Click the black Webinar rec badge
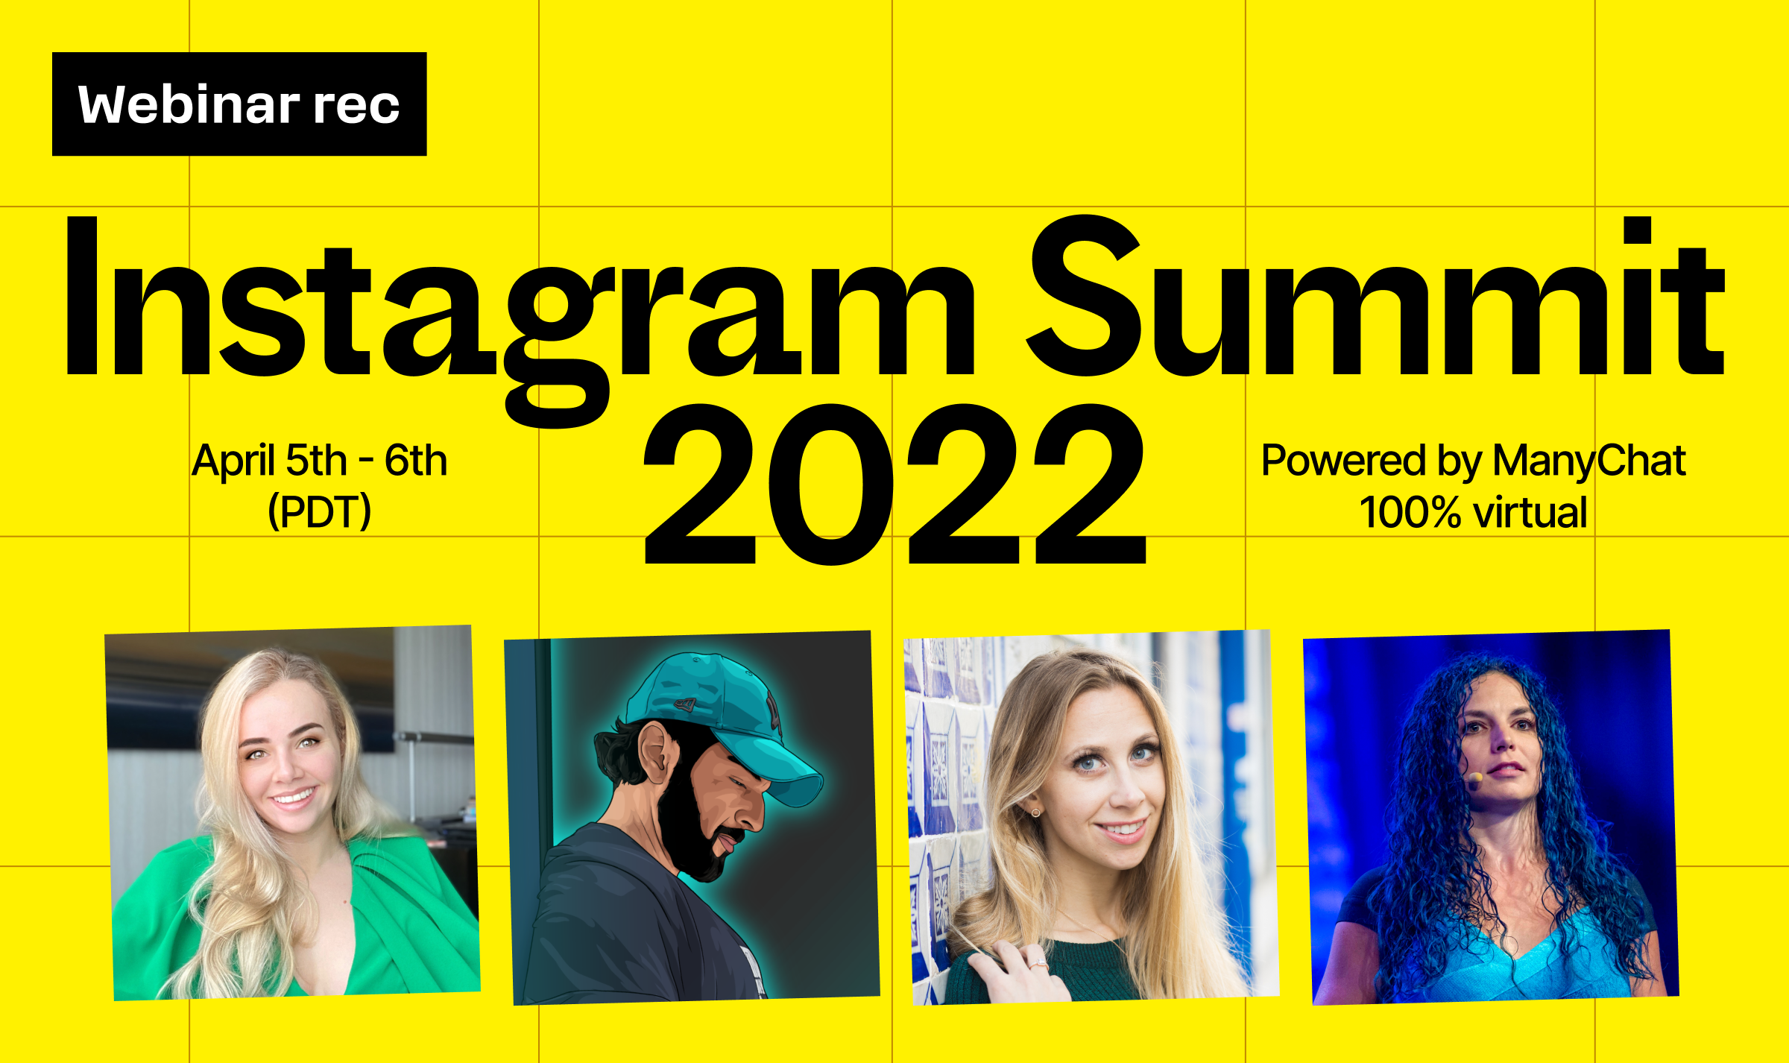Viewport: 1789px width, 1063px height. click(239, 104)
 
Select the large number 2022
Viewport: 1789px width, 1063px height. click(894, 484)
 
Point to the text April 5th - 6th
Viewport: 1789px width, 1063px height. click(320, 460)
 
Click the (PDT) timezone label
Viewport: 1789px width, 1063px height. click(320, 511)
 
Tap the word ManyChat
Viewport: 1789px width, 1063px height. click(1589, 461)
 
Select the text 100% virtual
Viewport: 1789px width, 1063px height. click(1474, 512)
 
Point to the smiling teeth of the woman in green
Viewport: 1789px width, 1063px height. click(294, 798)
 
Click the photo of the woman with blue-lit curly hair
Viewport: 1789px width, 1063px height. click(1491, 817)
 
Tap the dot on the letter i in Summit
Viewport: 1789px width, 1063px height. click(1637, 230)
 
